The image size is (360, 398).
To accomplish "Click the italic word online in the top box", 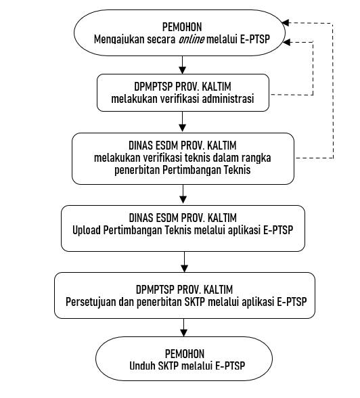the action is (192, 39).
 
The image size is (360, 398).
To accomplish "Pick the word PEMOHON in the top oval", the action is (182, 27).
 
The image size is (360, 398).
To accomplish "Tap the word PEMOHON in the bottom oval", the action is (185, 353).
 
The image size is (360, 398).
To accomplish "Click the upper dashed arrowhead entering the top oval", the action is (285, 23).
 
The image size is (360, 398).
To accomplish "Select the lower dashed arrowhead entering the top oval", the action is (286, 43).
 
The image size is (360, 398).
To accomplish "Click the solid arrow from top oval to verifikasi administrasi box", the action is (183, 65).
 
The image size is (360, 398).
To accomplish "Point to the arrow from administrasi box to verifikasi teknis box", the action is (183, 122).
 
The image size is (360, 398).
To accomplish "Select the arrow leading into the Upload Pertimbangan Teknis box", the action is (183, 194).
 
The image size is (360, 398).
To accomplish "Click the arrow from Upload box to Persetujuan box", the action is (185, 262).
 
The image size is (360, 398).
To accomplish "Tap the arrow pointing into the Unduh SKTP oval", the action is (183, 328).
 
